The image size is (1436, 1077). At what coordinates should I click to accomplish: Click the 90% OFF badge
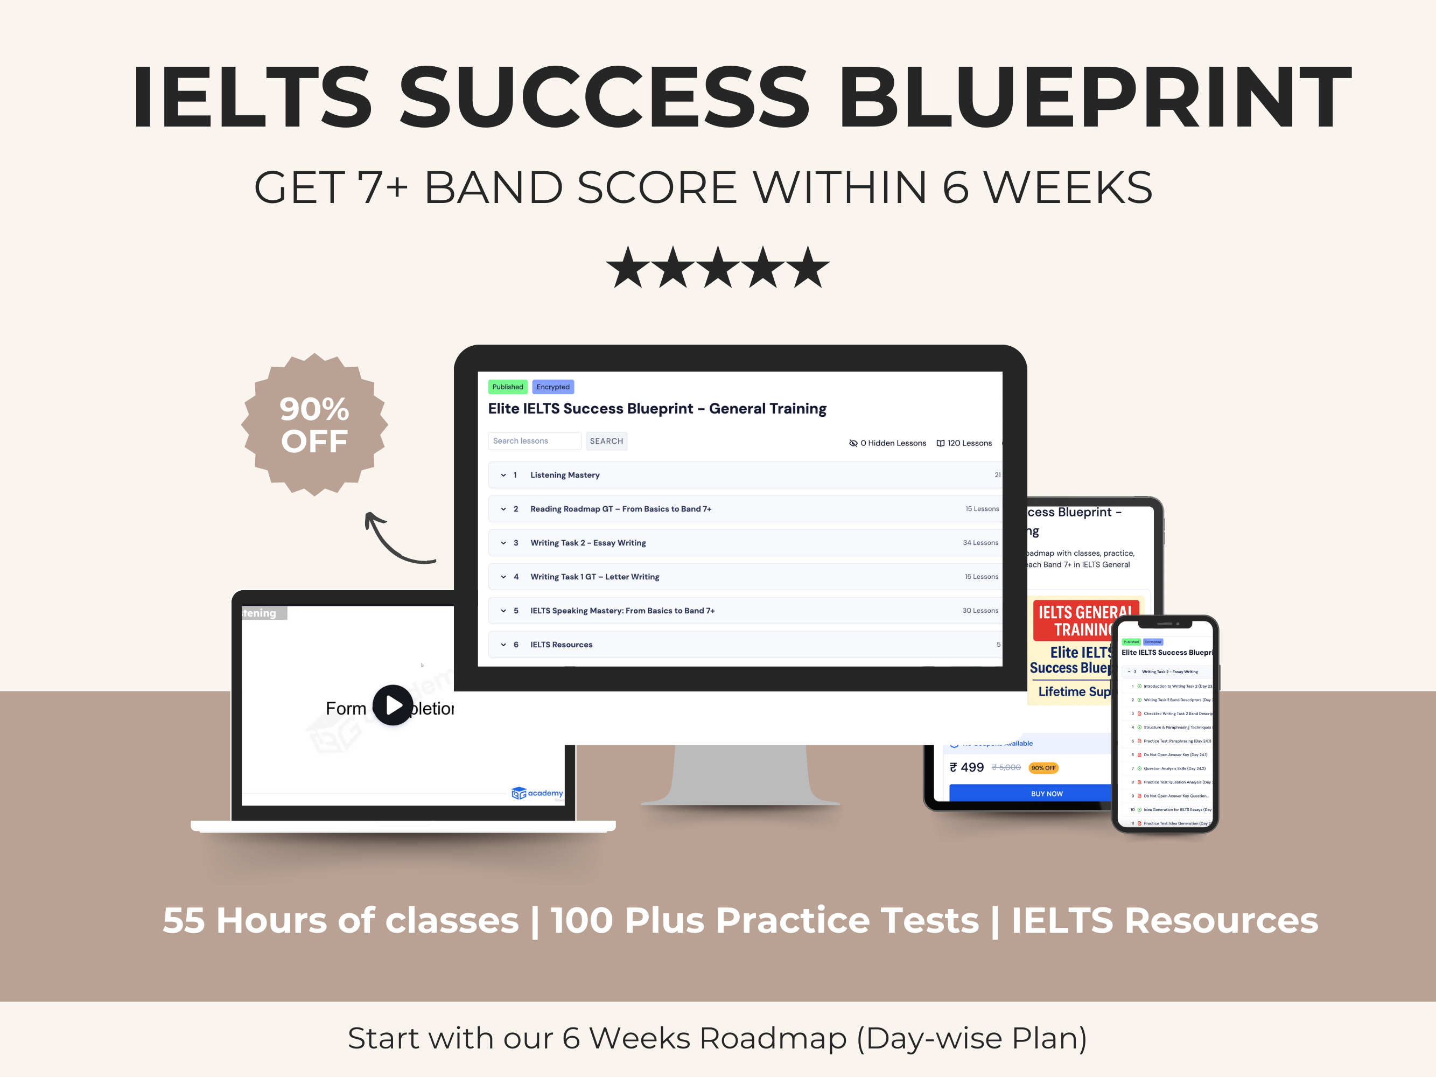(x=314, y=425)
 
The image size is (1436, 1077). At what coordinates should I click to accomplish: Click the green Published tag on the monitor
(x=507, y=387)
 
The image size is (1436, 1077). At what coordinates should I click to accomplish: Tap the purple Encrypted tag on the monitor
(x=552, y=387)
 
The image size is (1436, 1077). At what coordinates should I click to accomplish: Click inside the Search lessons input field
(x=534, y=441)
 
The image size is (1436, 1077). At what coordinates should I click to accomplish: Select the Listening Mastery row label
(x=565, y=475)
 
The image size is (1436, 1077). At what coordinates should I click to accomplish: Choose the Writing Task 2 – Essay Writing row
(x=587, y=543)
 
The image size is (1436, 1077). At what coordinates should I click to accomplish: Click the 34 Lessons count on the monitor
(x=980, y=543)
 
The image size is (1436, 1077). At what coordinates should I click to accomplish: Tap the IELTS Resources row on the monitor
(x=561, y=645)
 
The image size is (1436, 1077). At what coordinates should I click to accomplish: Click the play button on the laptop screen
(x=393, y=705)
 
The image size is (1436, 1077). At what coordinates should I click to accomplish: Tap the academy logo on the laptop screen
(x=537, y=793)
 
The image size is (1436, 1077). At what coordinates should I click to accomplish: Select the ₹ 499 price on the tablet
(x=967, y=767)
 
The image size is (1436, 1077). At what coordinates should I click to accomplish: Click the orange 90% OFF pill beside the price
(x=1043, y=768)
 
